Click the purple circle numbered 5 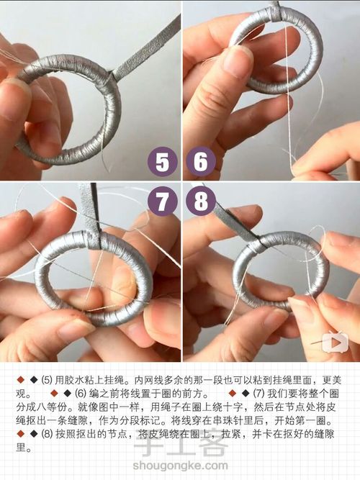[163, 161]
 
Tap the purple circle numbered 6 [201, 161]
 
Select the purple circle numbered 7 [163, 201]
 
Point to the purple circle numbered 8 [201, 201]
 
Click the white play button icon [336, 341]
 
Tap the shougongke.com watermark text [180, 466]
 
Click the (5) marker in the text [47, 381]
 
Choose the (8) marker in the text [47, 435]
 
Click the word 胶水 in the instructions [73, 381]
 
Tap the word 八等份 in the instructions [51, 407]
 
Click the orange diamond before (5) [21, 381]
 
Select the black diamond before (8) [34, 435]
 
